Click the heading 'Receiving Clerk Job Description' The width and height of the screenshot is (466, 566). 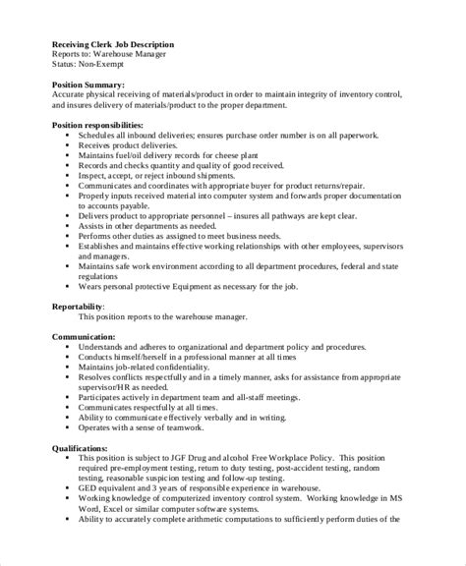[112, 44]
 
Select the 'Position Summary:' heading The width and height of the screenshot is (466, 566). [89, 85]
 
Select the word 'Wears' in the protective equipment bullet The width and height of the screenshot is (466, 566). [90, 286]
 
